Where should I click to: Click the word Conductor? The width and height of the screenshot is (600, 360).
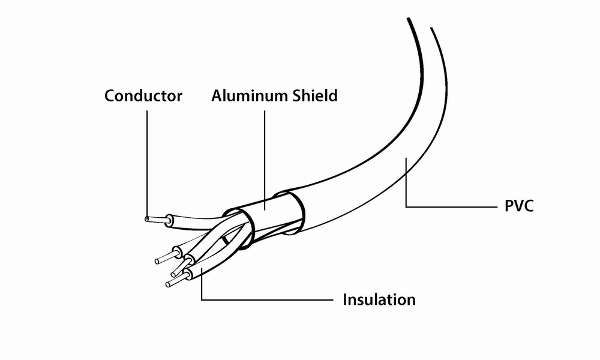coord(143,96)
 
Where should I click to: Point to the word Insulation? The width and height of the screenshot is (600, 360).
coord(379,299)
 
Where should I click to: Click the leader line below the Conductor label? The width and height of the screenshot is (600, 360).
coord(146,162)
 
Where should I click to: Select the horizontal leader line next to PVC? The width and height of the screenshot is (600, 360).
coord(450,207)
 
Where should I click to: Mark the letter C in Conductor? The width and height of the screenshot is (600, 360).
coord(110,96)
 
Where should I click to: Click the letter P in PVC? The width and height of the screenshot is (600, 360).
coord(503,208)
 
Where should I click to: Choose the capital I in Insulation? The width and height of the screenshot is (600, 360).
coord(345,299)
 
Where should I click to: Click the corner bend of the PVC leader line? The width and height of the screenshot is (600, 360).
coord(406,207)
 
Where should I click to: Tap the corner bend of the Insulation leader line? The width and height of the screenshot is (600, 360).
coord(202,299)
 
